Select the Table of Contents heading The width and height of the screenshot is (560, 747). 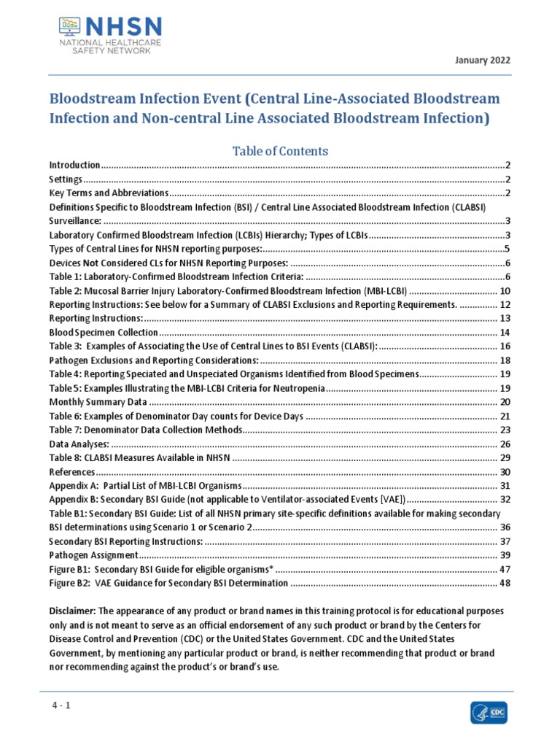pyautogui.click(x=280, y=151)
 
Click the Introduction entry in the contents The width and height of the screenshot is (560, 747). pyautogui.click(x=74, y=166)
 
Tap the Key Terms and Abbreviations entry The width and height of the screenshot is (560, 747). pyautogui.click(x=109, y=193)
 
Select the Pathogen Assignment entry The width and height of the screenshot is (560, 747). pyautogui.click(x=91, y=555)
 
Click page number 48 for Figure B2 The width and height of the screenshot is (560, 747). pyautogui.click(x=505, y=583)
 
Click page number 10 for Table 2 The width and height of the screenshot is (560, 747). pyautogui.click(x=505, y=291)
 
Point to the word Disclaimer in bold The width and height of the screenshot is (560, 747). pyautogui.click(x=71, y=611)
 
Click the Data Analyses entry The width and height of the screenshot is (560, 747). pyautogui.click(x=79, y=444)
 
